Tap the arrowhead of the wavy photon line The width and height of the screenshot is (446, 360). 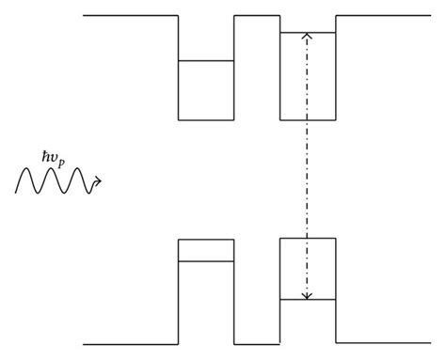point(99,180)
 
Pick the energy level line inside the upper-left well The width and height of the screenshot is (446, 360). point(206,61)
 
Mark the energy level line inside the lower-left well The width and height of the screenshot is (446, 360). point(206,260)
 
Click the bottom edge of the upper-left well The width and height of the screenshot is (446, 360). point(206,120)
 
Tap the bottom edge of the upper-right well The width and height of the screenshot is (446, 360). point(307,120)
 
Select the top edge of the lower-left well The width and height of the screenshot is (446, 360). point(206,240)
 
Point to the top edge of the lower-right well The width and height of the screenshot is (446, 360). point(307,239)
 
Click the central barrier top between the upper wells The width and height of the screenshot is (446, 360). point(257,16)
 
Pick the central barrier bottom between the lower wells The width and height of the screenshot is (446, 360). point(257,344)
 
